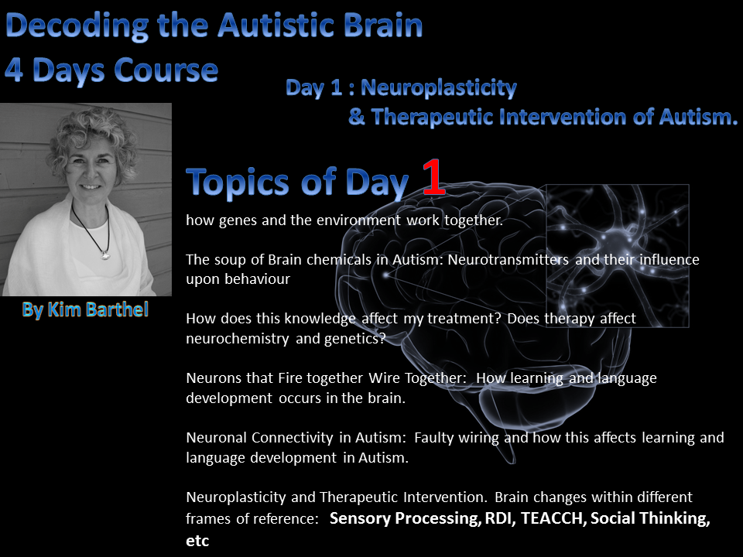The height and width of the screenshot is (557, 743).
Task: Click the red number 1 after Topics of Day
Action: click(434, 177)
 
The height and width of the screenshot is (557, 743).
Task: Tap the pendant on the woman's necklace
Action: click(105, 256)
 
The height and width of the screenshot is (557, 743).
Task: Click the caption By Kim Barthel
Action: click(85, 309)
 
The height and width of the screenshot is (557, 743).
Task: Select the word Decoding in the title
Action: click(77, 26)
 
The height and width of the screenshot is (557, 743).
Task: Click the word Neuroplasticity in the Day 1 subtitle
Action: click(439, 87)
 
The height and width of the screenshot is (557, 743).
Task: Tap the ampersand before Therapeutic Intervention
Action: click(356, 117)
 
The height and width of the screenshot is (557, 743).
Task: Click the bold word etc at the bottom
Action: click(197, 541)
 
